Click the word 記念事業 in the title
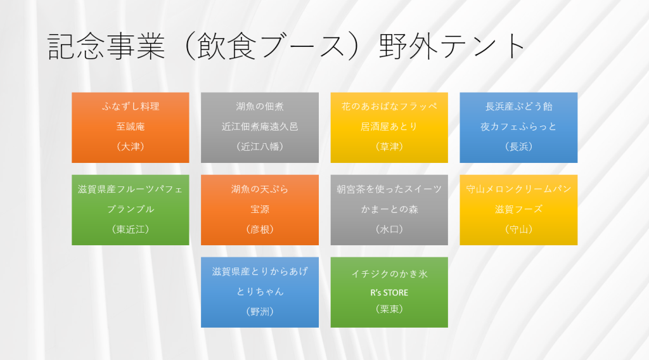[x=106, y=46]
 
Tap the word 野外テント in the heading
[x=452, y=46]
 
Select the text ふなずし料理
[x=131, y=106]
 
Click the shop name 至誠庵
[x=131, y=127]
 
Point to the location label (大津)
[x=131, y=146]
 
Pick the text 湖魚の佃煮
[x=260, y=106]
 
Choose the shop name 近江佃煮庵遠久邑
[x=260, y=127]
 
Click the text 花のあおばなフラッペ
[x=389, y=106]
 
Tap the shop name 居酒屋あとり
[x=389, y=127]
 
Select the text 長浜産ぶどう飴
[x=518, y=106]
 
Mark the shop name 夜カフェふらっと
[x=518, y=127]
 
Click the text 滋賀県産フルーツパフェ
[x=131, y=189]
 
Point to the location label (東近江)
[x=131, y=229]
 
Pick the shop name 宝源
[x=260, y=209]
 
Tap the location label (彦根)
[x=260, y=229]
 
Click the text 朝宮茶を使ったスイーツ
[x=389, y=189]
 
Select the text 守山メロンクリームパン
[x=518, y=189]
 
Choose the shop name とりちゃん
[x=260, y=292]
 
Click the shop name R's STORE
[x=389, y=293]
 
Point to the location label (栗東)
[x=389, y=309]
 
